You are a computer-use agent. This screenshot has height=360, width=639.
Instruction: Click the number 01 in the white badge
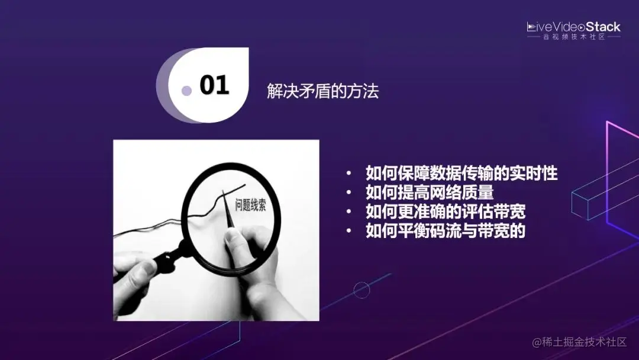click(214, 85)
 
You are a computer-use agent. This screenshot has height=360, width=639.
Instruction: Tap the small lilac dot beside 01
click(186, 91)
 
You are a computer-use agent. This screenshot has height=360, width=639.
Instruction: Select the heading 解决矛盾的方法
click(322, 92)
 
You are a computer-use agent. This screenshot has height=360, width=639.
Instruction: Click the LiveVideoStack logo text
click(573, 27)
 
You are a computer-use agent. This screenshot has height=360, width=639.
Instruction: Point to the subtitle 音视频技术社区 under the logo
click(573, 37)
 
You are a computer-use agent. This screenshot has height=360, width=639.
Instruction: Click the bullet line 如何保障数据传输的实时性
click(461, 173)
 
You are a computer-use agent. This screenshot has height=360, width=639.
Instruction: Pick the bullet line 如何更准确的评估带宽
click(446, 211)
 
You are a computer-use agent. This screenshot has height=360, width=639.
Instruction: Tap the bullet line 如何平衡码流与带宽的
click(446, 230)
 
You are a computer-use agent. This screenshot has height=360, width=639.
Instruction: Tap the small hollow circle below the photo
click(362, 290)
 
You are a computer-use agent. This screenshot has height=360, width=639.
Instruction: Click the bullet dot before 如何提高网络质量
click(350, 193)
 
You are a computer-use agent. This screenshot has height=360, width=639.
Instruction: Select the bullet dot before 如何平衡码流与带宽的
click(350, 231)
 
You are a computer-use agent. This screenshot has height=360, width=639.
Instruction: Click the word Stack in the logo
click(603, 27)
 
